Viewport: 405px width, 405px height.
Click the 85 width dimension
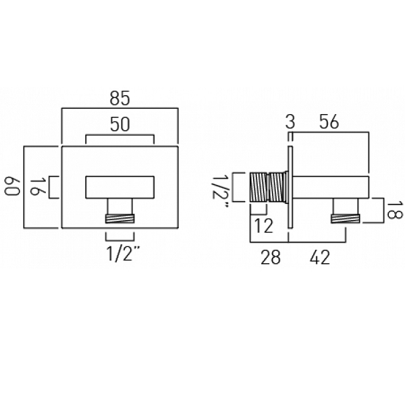[x=119, y=99]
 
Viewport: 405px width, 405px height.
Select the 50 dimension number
[x=120, y=124]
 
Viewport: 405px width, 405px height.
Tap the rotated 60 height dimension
[x=12, y=186]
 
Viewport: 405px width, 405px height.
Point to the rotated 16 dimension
[x=38, y=186]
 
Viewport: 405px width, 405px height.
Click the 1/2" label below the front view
[x=123, y=254]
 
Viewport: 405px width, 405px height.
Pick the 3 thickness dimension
[x=290, y=122]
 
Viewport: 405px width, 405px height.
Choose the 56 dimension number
[x=329, y=122]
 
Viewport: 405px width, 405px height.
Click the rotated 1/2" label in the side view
[x=220, y=191]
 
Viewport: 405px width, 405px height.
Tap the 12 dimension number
[x=263, y=226]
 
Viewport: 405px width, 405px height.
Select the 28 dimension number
[x=271, y=258]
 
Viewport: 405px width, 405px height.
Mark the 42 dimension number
[x=320, y=258]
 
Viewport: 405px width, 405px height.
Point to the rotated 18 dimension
[x=394, y=210]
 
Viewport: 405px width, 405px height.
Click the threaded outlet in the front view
[x=120, y=219]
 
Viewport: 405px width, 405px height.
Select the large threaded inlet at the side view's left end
[x=259, y=188]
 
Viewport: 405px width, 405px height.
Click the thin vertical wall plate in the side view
[x=290, y=188]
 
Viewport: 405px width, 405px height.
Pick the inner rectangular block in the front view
[x=120, y=188]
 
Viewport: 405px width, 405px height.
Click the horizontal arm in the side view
[x=331, y=188]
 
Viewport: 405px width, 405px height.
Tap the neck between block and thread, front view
[x=120, y=207]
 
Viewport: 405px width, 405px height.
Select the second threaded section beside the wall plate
[x=276, y=188]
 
